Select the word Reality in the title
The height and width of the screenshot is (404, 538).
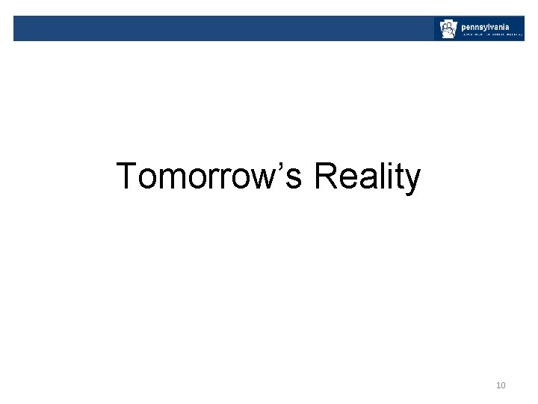pos(367,177)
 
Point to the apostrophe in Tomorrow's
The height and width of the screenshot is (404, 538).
pos(285,166)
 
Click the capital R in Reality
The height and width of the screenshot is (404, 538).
pos(325,177)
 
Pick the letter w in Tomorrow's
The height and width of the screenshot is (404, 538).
pos(267,181)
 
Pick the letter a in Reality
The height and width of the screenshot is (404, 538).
pos(365,181)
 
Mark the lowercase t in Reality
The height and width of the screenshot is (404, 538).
pos(397,178)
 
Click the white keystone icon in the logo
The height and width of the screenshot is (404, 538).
pos(447,29)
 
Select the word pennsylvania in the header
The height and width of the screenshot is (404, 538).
pos(486,25)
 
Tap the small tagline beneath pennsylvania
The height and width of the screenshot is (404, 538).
pos(491,34)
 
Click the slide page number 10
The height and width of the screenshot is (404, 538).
pos(501,385)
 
